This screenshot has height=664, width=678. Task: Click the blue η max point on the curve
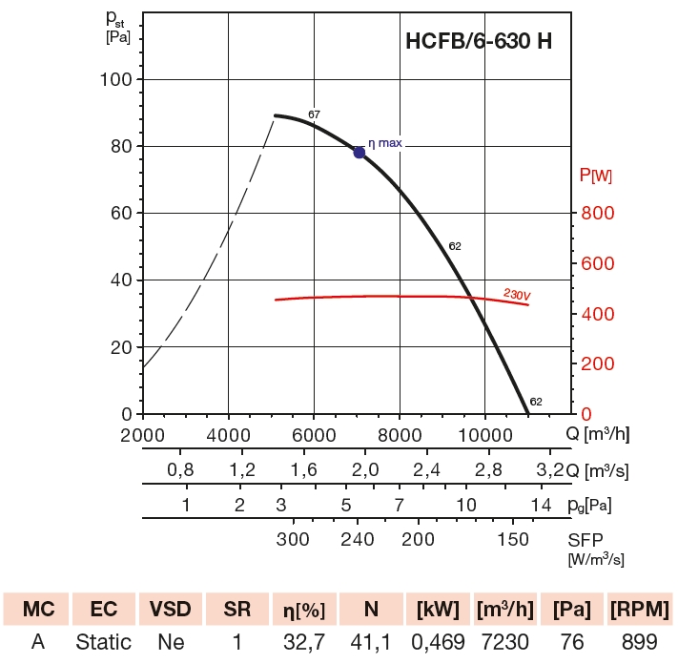(360, 152)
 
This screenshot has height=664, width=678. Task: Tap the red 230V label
(516, 295)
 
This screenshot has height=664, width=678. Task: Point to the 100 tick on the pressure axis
(115, 79)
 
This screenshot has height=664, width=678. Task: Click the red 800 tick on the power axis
(598, 213)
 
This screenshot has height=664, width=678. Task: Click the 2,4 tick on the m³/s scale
(427, 470)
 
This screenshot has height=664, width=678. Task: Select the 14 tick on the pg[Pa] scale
(542, 504)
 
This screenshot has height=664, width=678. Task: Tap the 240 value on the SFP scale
(358, 539)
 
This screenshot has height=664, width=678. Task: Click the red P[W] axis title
(597, 176)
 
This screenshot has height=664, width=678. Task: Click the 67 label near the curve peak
(314, 114)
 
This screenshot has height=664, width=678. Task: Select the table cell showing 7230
(503, 642)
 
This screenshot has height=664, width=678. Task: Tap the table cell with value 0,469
(435, 642)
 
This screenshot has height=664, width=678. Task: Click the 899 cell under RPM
(640, 642)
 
